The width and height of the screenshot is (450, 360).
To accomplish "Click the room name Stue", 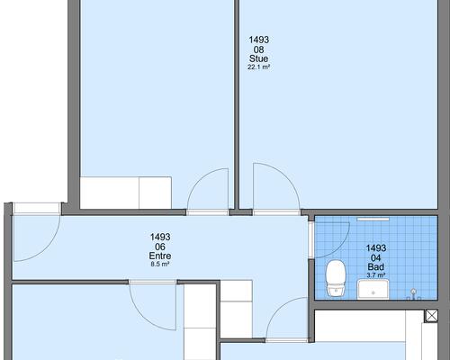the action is (258, 58).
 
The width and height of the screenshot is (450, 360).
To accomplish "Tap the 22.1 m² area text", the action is (258, 67).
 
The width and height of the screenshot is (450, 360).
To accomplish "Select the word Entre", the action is (160, 256).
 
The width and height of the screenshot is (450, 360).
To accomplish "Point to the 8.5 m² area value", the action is (160, 265).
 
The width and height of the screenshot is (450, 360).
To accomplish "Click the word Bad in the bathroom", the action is (376, 267).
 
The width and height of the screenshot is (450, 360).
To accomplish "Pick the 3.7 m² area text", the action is (376, 274).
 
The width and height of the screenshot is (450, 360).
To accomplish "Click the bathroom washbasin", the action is (373, 289).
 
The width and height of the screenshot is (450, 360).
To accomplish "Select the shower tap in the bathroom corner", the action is (414, 294).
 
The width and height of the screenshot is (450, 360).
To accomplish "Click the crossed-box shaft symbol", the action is (431, 316).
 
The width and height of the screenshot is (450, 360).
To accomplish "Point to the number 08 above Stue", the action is (258, 49).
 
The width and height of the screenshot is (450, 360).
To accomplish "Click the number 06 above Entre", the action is (160, 247).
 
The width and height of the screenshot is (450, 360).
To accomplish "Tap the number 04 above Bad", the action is (376, 258).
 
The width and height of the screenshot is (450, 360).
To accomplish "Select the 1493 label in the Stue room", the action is (259, 40).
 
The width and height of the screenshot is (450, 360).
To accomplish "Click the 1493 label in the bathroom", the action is (376, 248).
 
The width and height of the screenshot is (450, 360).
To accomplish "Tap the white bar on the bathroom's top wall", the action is (373, 220).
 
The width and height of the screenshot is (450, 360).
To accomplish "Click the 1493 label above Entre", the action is (160, 237).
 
